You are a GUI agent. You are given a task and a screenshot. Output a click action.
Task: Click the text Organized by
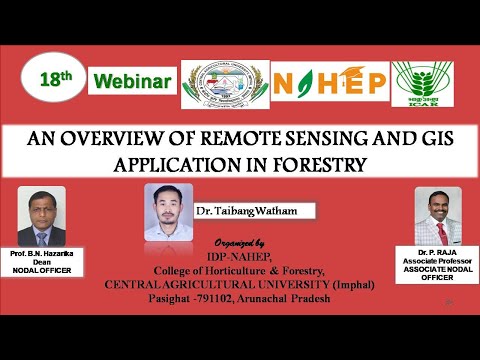click(240, 244)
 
